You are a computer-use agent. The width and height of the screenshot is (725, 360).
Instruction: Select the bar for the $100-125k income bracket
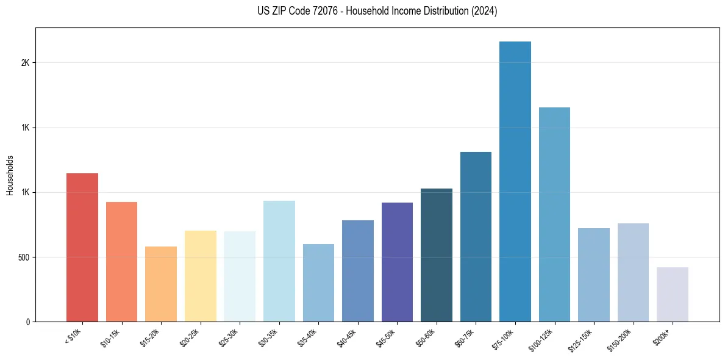554,214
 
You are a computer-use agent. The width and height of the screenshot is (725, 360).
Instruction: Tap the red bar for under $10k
82,247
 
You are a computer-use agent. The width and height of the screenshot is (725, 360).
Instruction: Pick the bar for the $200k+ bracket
673,294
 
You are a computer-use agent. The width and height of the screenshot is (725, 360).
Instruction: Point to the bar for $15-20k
161,284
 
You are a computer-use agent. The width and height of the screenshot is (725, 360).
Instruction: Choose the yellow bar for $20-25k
201,276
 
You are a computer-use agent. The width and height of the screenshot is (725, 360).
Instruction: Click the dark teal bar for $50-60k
437,255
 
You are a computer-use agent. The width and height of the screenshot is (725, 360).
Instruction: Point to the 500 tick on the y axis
25,257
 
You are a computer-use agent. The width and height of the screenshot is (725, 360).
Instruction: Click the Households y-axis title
10,175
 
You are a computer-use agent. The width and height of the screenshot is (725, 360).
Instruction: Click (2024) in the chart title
484,11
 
